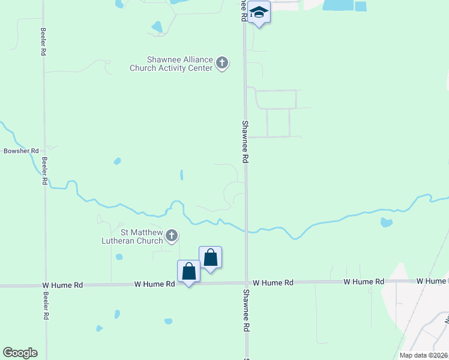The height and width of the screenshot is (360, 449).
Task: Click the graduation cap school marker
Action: tap(259, 13)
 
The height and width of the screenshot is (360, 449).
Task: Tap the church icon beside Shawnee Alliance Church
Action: tap(222, 63)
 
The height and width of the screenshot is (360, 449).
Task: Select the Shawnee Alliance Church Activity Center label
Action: tap(172, 64)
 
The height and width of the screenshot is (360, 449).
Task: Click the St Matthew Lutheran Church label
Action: tap(142, 236)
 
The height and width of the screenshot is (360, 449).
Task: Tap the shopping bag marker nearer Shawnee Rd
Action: tap(210, 257)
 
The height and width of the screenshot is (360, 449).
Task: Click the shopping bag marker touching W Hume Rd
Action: tap(189, 271)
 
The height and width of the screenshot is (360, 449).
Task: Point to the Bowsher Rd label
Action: tap(21, 151)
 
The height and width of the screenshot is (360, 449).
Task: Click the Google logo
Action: tap(20, 353)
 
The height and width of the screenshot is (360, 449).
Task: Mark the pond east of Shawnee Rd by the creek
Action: tap(387, 223)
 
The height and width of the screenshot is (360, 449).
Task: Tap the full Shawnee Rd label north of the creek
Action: tap(245, 142)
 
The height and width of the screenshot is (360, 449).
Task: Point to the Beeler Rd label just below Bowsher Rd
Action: tap(44, 170)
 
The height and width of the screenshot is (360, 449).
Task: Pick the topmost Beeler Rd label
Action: tap(44, 41)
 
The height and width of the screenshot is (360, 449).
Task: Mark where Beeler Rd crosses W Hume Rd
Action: tap(45, 286)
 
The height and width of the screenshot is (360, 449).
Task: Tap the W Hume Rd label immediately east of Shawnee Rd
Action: tap(273, 282)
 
